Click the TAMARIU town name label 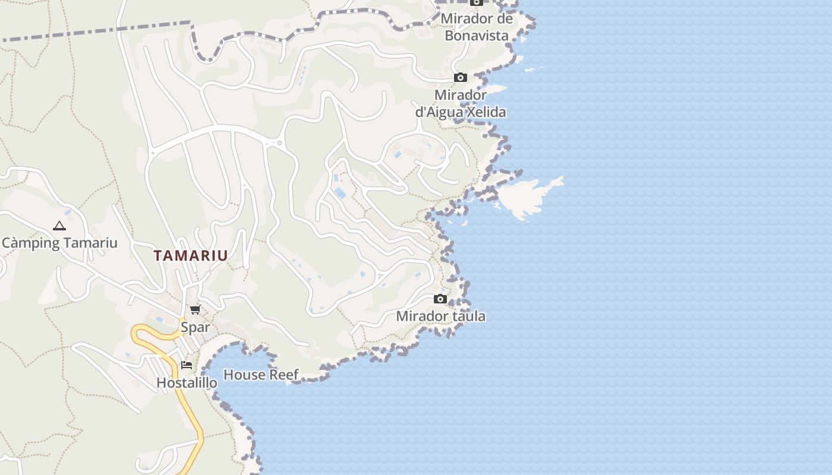coord(191,256)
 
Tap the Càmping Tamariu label coord(59,243)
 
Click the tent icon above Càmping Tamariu coord(59,226)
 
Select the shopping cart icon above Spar coord(195,309)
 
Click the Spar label coord(196,327)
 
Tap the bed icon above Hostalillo coord(187,365)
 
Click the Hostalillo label coord(187,383)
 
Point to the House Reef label coord(261,375)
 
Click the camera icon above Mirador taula coord(440,299)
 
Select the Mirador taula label coord(440,316)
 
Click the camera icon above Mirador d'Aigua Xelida coord(461,78)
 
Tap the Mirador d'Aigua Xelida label coord(461,103)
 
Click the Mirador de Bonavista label coord(477,27)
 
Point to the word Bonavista coord(477,36)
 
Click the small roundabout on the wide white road coord(279,143)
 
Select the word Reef coord(283,375)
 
